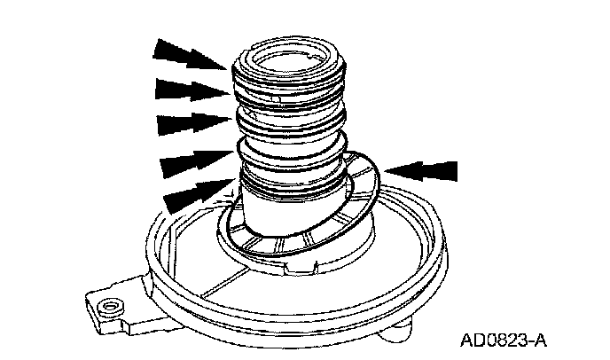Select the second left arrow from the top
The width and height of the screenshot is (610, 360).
pyautogui.click(x=188, y=89)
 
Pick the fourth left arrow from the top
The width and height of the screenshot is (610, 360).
pyautogui.click(x=192, y=163)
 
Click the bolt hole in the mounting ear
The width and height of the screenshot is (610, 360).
pyautogui.click(x=109, y=307)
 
